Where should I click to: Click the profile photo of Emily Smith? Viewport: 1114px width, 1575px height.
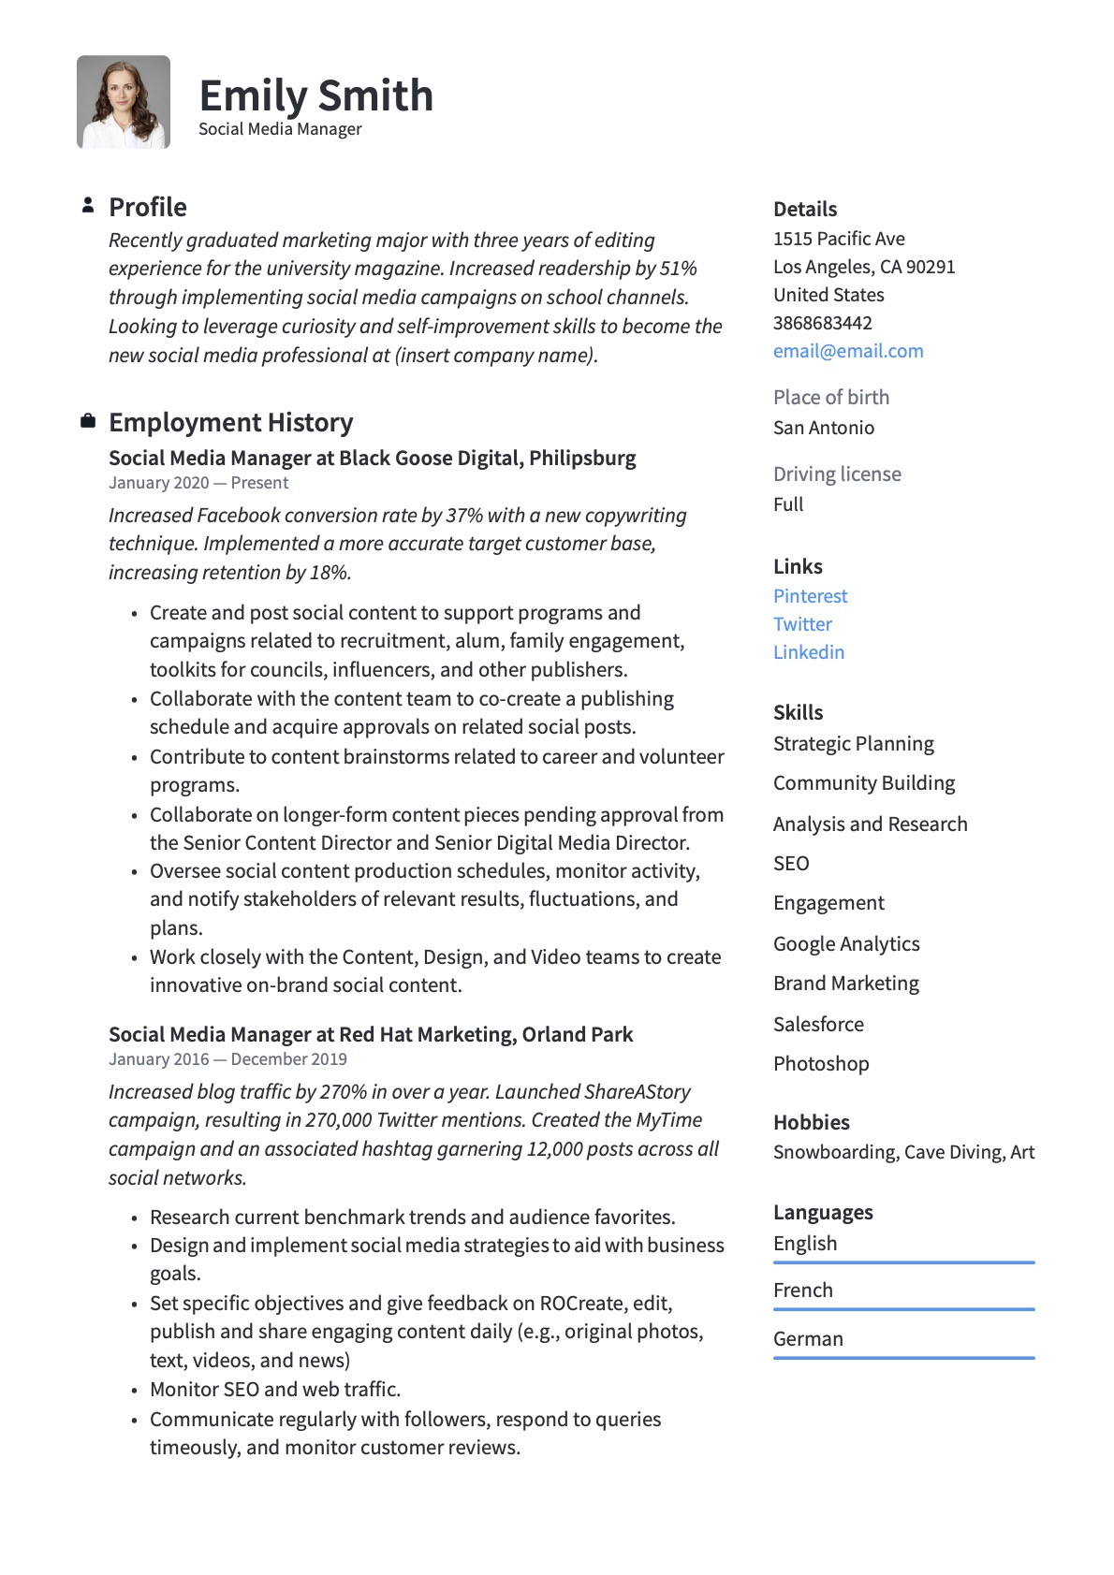[x=123, y=102]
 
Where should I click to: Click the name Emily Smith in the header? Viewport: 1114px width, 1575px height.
[x=315, y=95]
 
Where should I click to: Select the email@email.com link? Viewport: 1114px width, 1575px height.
[x=847, y=351]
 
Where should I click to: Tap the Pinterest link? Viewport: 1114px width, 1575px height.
[x=810, y=596]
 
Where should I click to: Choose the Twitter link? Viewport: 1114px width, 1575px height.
[x=802, y=624]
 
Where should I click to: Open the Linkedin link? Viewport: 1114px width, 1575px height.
[x=808, y=652]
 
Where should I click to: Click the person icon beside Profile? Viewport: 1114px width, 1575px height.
[x=88, y=205]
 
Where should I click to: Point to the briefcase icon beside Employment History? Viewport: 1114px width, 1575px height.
[x=88, y=421]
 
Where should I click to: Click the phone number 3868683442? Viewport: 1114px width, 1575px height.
[x=822, y=323]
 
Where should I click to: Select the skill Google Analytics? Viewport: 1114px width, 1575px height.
[x=846, y=943]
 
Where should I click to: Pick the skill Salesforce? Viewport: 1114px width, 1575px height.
[x=818, y=1024]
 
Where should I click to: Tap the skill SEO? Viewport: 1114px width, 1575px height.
[x=791, y=863]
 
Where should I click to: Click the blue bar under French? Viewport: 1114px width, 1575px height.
[x=903, y=1309]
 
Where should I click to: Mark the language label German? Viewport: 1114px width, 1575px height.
[x=808, y=1338]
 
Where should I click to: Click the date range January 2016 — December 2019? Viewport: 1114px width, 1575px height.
[x=227, y=1059]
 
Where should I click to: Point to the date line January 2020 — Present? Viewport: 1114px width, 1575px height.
[x=198, y=483]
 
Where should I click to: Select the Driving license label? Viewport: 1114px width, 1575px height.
[x=837, y=474]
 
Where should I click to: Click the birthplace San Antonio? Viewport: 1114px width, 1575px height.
[x=823, y=428]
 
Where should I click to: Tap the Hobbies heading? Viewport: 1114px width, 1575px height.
[x=811, y=1122]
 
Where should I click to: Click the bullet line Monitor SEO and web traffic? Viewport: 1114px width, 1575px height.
[x=275, y=1389]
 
